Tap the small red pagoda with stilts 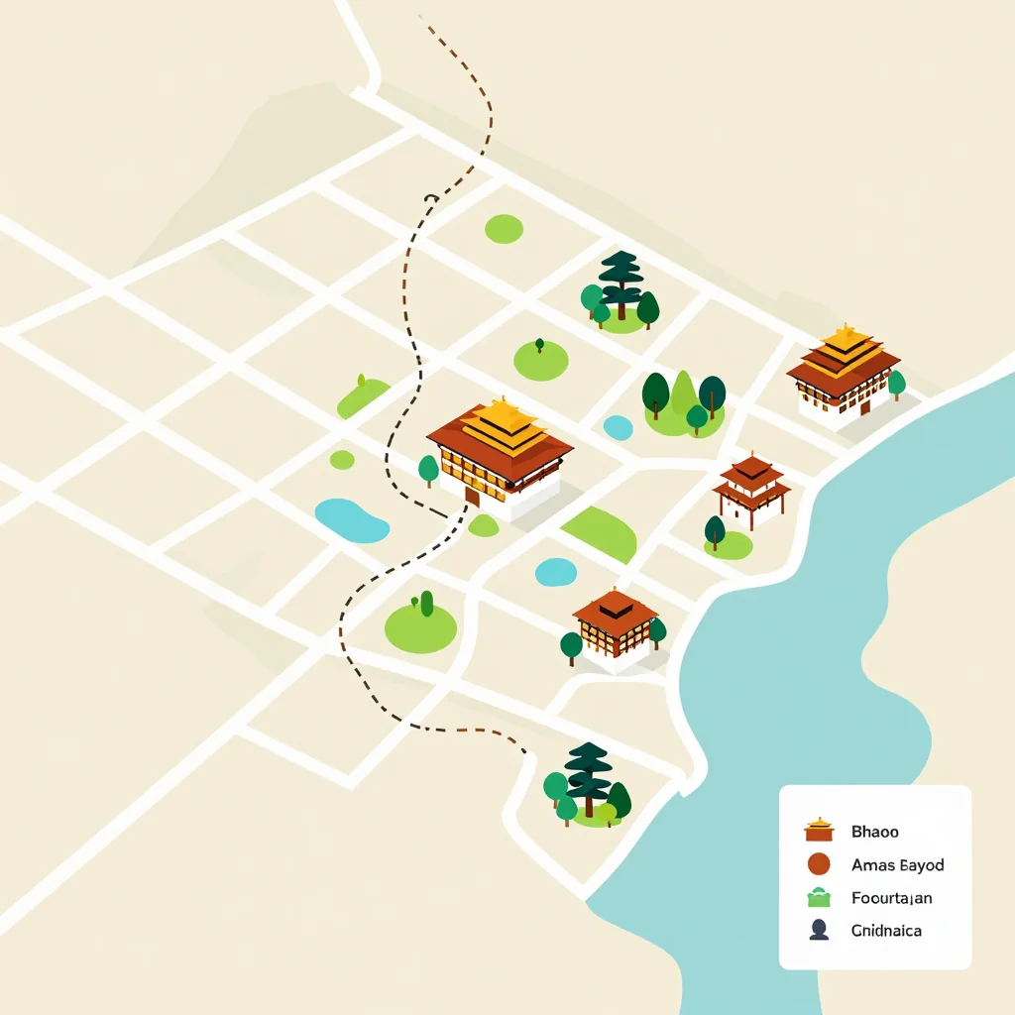(x=751, y=486)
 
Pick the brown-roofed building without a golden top (x=616, y=623)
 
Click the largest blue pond (x=351, y=520)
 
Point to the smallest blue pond (x=618, y=427)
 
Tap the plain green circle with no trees (x=504, y=228)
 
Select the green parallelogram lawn (x=602, y=532)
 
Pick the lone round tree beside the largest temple (x=428, y=468)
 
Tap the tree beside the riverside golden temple (x=896, y=383)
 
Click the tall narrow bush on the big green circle (x=426, y=603)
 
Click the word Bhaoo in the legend (x=874, y=832)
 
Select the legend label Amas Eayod (x=897, y=864)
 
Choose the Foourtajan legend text (x=891, y=898)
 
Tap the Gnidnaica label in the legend (x=886, y=931)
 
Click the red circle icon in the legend (x=819, y=864)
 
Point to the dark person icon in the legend (x=819, y=930)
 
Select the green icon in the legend (x=819, y=898)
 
